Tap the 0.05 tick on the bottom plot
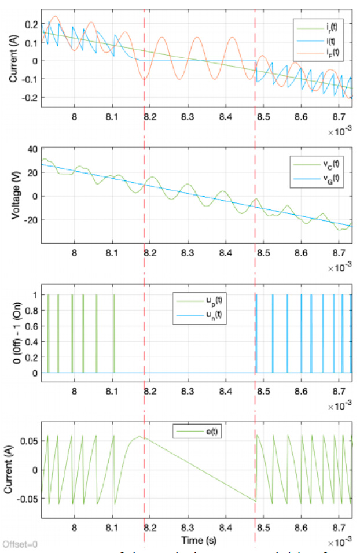click(x=29, y=441)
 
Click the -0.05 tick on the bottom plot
click(x=27, y=498)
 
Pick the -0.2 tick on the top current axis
click(x=29, y=98)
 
